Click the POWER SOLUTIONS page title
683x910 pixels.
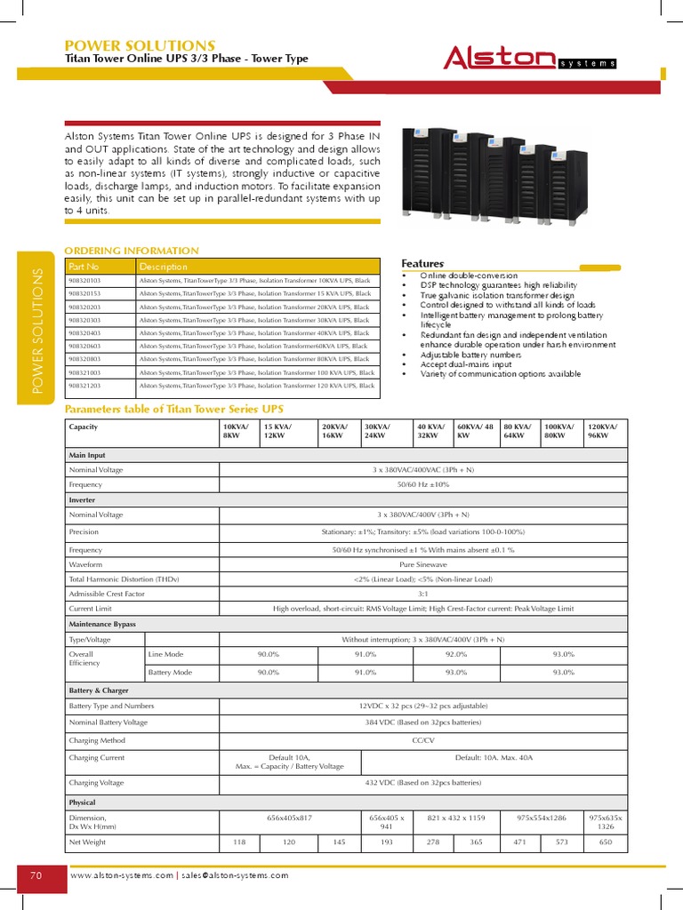(x=141, y=44)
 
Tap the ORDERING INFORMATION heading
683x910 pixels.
(x=133, y=251)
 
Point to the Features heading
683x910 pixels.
(x=422, y=264)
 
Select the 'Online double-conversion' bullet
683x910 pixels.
(x=469, y=276)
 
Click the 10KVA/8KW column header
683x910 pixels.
(x=237, y=431)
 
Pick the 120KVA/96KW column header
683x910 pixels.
(x=605, y=431)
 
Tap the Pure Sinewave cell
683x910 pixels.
(x=422, y=564)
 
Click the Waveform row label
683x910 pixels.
(x=86, y=564)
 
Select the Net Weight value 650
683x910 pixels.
(x=605, y=841)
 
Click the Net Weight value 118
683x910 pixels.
(x=238, y=841)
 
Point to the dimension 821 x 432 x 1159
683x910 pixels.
(x=456, y=817)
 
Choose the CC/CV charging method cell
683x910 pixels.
(x=422, y=739)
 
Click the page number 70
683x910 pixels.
(x=36, y=875)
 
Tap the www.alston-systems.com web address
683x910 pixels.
(x=122, y=875)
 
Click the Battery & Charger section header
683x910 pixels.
(x=99, y=690)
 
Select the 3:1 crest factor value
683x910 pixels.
(x=422, y=593)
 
